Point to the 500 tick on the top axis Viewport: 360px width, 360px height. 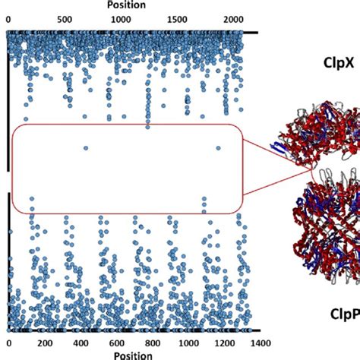(65, 20)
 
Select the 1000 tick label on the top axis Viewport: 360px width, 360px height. (120, 20)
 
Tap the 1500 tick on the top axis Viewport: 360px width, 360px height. (177, 20)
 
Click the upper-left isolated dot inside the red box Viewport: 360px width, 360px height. (86, 148)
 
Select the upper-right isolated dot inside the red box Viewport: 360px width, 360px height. (218, 148)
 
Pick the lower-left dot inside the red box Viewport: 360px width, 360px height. (32, 200)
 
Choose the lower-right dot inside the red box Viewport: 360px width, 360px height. (204, 200)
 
